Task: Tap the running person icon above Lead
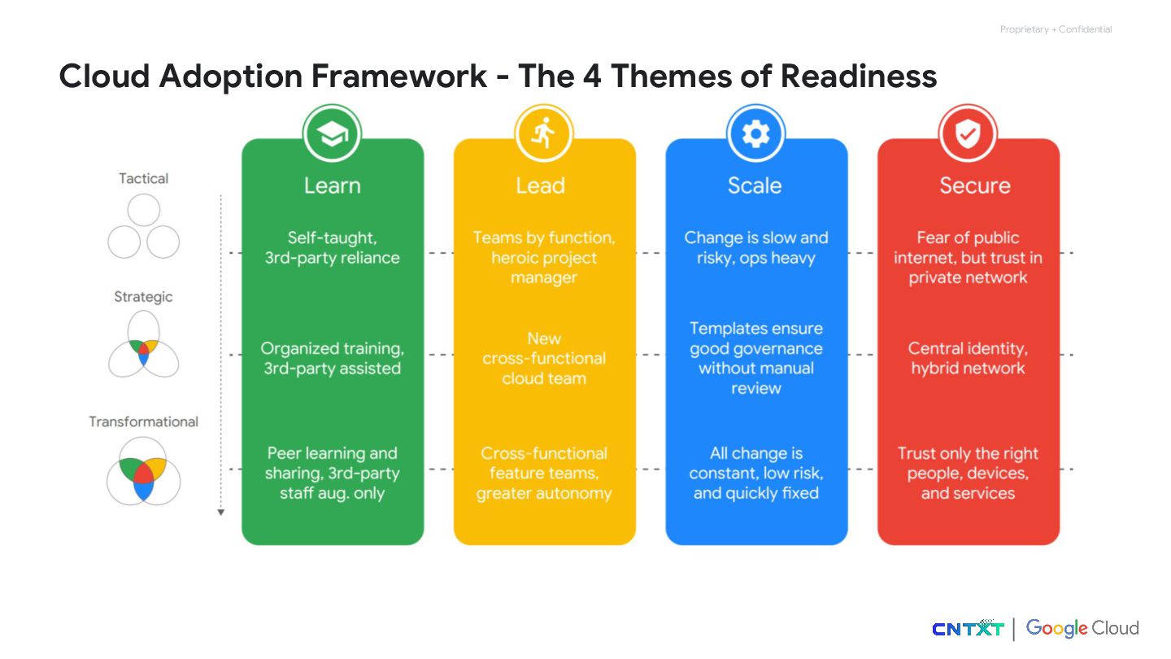(x=543, y=133)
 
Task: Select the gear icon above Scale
(x=755, y=133)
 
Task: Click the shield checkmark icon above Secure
(x=968, y=133)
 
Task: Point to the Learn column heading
(x=332, y=185)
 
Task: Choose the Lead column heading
(x=540, y=185)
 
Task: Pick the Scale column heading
(x=755, y=185)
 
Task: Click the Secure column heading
(x=974, y=185)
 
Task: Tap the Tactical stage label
(x=144, y=178)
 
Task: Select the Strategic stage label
(x=143, y=297)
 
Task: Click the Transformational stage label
(x=144, y=421)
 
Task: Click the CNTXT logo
(x=968, y=628)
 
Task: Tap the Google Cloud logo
(x=1082, y=628)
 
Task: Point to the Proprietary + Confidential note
(x=1056, y=29)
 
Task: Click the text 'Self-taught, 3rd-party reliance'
(x=332, y=248)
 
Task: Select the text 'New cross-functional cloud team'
(x=544, y=358)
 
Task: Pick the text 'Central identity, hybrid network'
(x=968, y=358)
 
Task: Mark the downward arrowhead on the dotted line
(x=220, y=512)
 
